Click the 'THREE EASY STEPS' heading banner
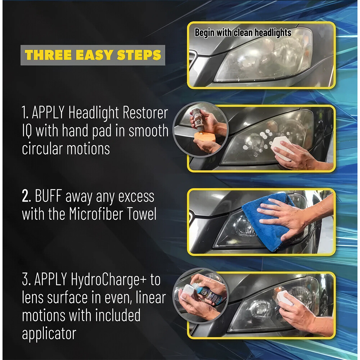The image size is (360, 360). pos(93,55)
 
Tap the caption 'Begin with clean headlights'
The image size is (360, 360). pos(243,33)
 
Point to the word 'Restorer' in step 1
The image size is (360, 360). pos(146,113)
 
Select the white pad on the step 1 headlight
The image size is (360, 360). pos(282,147)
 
